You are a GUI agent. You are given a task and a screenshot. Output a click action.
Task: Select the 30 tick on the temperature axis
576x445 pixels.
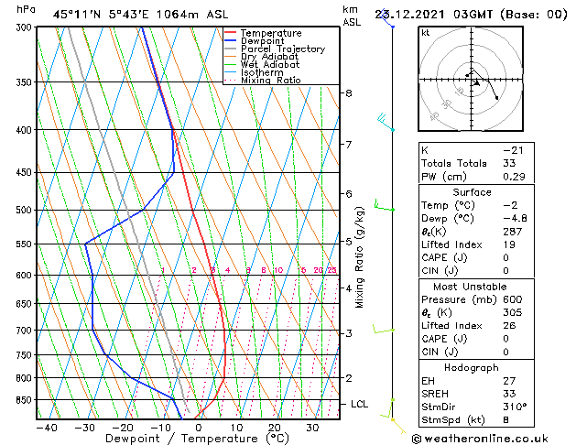(x=312, y=428)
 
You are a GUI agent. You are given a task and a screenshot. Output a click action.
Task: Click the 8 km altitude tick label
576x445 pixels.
(x=349, y=93)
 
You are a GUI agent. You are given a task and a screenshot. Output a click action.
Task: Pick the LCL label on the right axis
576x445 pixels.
(x=360, y=404)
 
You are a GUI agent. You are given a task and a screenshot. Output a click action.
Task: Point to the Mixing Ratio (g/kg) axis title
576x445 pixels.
(x=360, y=257)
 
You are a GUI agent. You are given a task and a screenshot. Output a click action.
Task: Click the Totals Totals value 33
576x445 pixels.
(x=509, y=163)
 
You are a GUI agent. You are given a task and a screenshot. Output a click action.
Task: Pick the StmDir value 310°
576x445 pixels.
(x=516, y=407)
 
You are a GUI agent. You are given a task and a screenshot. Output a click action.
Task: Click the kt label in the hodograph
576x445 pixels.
(x=425, y=32)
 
